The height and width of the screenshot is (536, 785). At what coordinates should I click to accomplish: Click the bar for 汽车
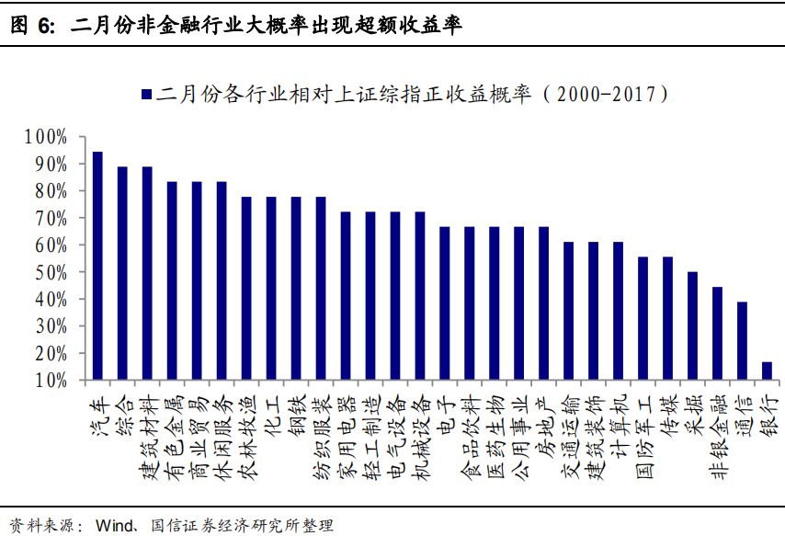coord(97,266)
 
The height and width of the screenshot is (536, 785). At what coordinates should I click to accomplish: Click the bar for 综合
coord(122,273)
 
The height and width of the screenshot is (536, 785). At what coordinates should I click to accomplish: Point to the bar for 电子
coord(444,302)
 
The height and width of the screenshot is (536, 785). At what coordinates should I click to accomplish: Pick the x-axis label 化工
coord(271,411)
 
